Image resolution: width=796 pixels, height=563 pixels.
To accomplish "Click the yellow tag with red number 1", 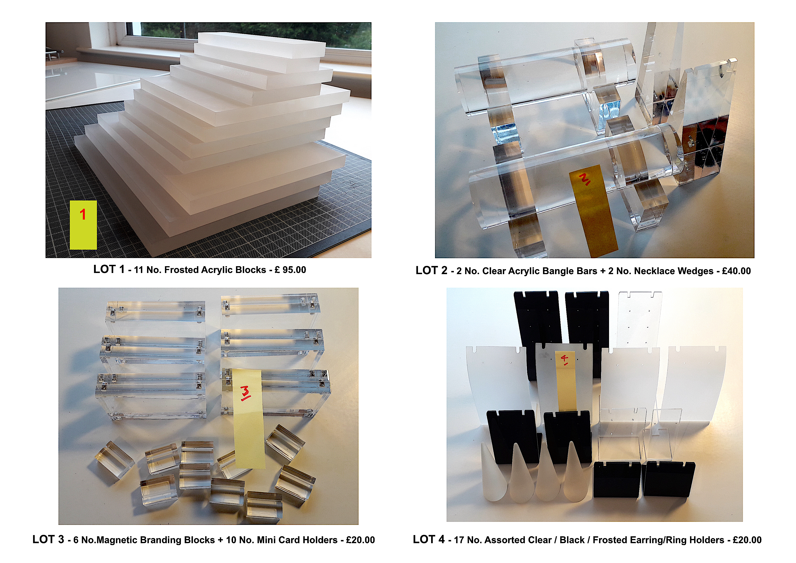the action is (x=83, y=225).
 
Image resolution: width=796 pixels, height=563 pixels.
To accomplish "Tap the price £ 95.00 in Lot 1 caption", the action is (x=290, y=270).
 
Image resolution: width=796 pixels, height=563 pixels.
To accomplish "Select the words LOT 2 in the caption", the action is (x=432, y=270).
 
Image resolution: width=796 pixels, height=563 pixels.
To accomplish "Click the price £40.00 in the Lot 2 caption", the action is (x=736, y=271).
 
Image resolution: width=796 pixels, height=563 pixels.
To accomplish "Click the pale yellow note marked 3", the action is (x=248, y=419).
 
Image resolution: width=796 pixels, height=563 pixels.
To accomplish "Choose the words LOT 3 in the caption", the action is (x=48, y=539).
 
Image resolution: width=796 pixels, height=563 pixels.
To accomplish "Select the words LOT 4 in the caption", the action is (x=429, y=539).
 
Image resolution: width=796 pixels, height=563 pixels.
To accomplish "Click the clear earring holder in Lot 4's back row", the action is (x=640, y=319).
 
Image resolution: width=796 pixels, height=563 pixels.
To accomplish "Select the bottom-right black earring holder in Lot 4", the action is (x=668, y=479).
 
